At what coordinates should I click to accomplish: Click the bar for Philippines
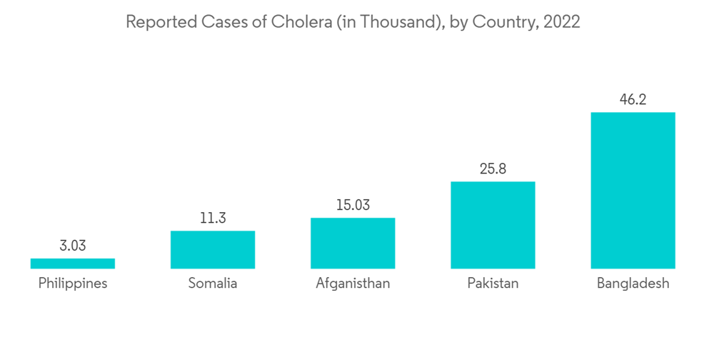[x=73, y=264]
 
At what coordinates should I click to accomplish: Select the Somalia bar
[x=213, y=250]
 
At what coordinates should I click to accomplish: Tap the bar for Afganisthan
[x=353, y=244]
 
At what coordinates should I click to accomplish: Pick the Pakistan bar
[x=493, y=225]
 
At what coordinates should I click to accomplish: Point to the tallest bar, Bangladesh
[x=633, y=191]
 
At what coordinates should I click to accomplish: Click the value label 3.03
[x=73, y=246]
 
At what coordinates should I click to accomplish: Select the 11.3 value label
[x=213, y=219]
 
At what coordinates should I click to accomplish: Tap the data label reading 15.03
[x=353, y=206]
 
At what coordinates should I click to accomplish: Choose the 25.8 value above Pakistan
[x=493, y=169]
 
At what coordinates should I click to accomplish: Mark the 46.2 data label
[x=633, y=100]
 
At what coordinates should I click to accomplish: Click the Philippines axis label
[x=73, y=284]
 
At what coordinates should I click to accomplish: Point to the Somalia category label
[x=213, y=284]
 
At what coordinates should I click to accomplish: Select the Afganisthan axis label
[x=353, y=284]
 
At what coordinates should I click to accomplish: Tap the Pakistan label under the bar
[x=493, y=284]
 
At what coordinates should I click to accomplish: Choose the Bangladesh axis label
[x=633, y=284]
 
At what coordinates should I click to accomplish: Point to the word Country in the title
[x=503, y=22]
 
